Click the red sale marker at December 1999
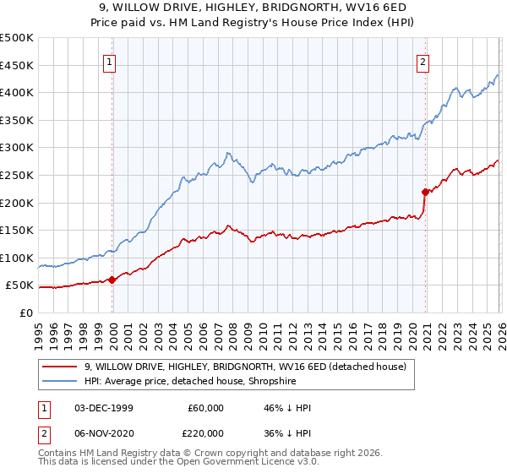pyautogui.click(x=112, y=280)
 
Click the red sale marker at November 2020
pyautogui.click(x=425, y=192)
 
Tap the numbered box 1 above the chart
pyautogui.click(x=111, y=61)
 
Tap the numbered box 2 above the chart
pyautogui.click(x=422, y=61)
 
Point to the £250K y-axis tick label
pyautogui.click(x=17, y=175)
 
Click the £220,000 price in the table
pyautogui.click(x=205, y=432)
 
